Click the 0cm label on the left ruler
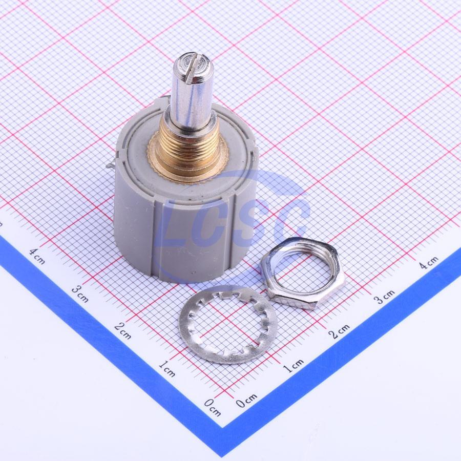213,408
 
